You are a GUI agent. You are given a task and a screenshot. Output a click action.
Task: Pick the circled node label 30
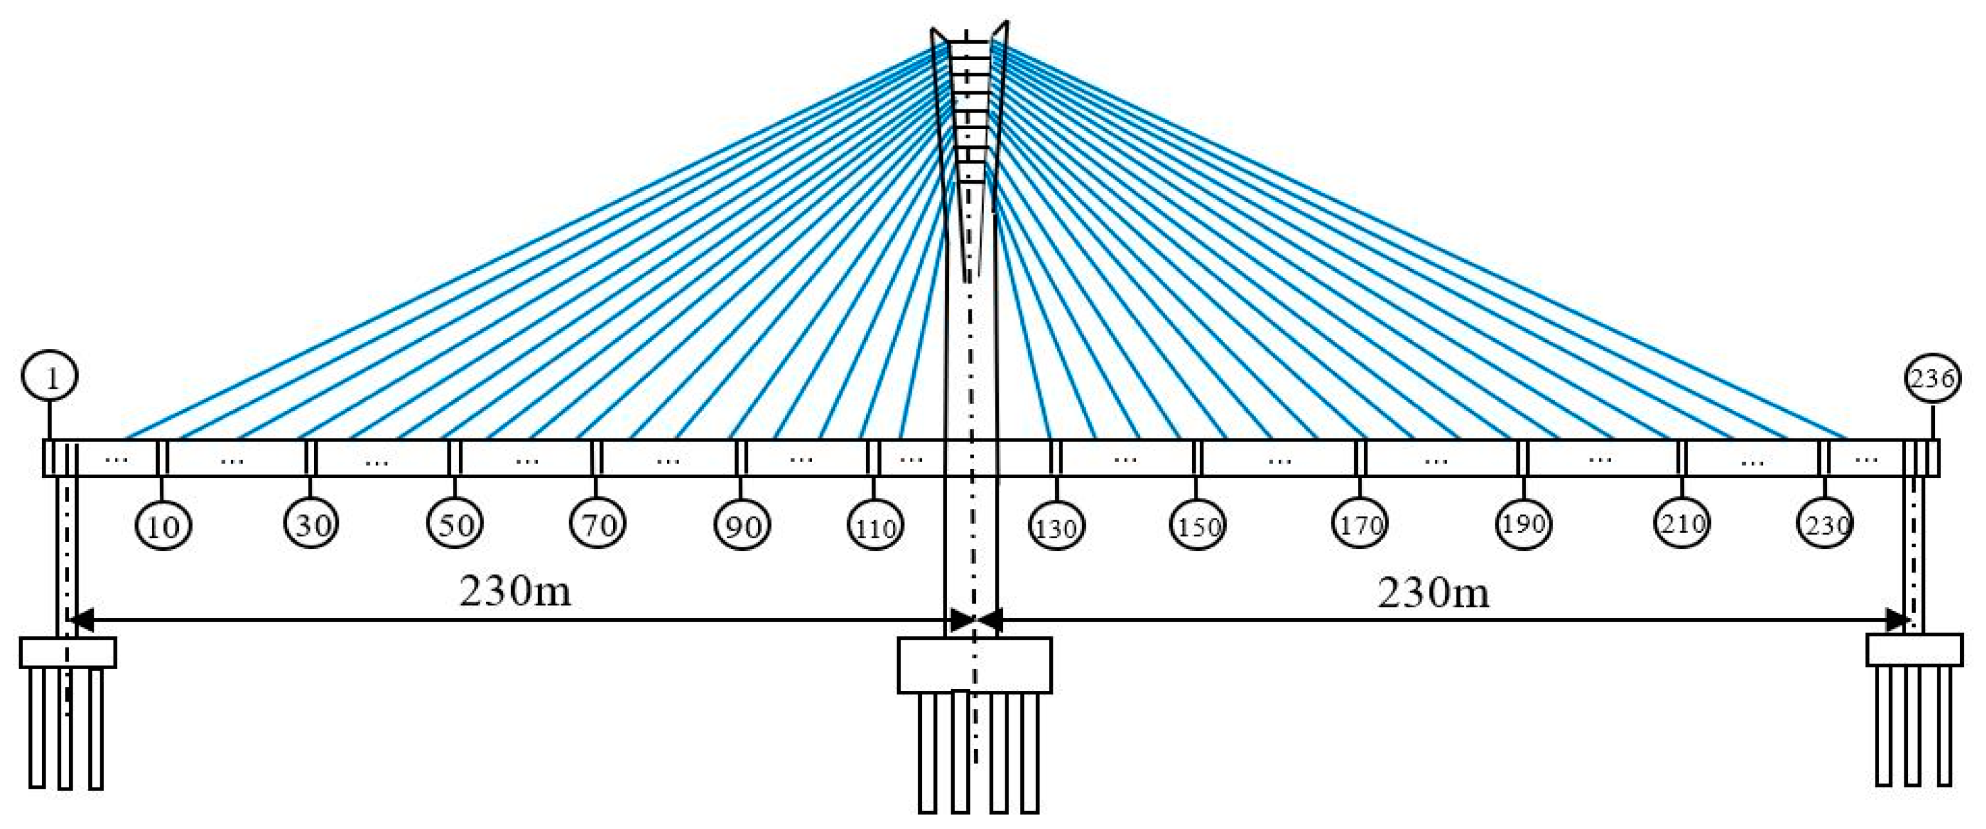tap(312, 524)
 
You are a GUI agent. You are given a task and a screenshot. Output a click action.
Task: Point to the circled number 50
tap(455, 524)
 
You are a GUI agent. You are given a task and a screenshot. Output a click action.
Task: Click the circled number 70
tap(598, 524)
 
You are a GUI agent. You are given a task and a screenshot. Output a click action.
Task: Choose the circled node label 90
tap(742, 526)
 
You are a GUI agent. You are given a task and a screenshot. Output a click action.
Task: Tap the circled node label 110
tap(875, 527)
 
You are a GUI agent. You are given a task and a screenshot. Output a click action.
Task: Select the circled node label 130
tap(1056, 527)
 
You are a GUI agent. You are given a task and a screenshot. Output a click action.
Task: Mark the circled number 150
tap(1197, 526)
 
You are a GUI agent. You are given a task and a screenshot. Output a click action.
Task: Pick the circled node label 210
tap(1682, 524)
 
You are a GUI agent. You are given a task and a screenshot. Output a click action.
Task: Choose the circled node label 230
tap(1825, 524)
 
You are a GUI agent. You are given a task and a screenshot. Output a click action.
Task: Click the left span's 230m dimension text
tap(515, 592)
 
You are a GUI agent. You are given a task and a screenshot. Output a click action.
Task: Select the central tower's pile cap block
tap(973, 665)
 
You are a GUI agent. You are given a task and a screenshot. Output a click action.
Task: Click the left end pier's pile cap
tap(68, 652)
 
